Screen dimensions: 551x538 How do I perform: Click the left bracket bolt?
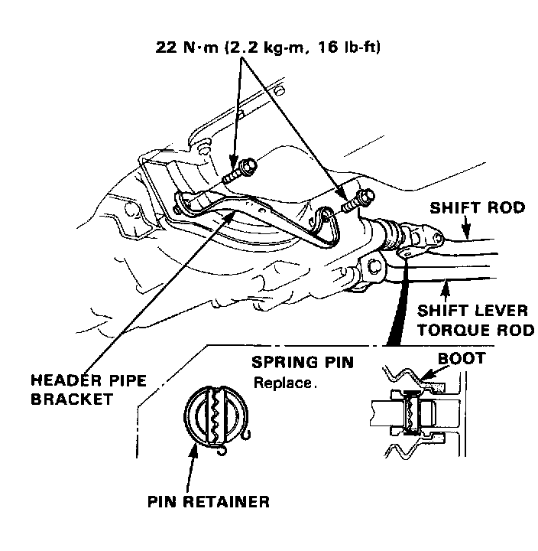pos(243,168)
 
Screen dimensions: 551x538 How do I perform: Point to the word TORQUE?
pos(458,331)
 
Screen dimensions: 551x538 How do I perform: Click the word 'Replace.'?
pos(284,382)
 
